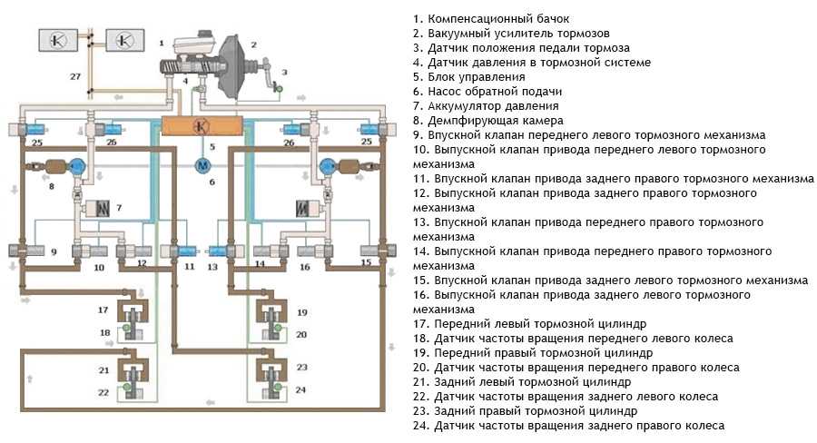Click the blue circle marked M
pyautogui.click(x=202, y=166)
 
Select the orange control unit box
pyautogui.click(x=202, y=125)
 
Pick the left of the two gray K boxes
pyautogui.click(x=58, y=40)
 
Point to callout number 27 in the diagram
pyautogui.click(x=75, y=76)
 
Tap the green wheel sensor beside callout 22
pyautogui.click(x=126, y=388)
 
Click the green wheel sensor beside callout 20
pyautogui.click(x=279, y=328)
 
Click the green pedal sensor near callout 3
pyautogui.click(x=279, y=89)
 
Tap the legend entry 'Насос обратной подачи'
pyautogui.click(x=495, y=91)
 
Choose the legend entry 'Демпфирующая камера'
pyautogui.click(x=496, y=121)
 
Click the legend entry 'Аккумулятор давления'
pyautogui.click(x=493, y=106)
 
